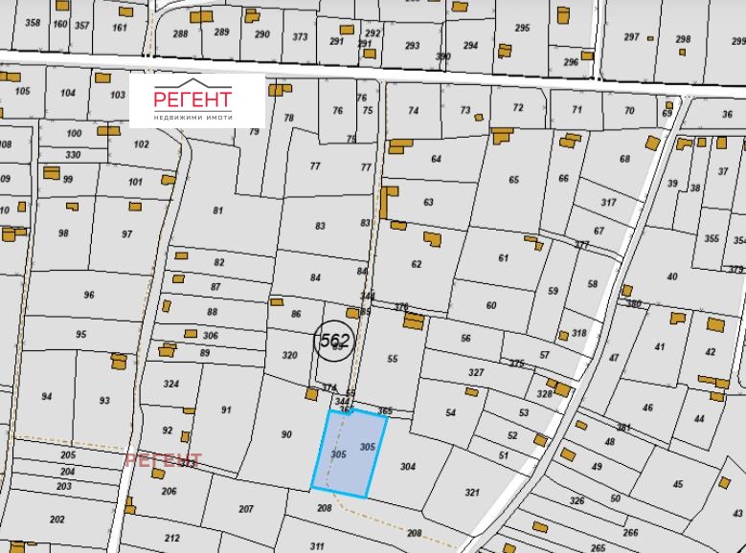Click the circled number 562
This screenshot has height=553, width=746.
tap(334, 339)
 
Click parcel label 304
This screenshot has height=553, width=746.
tap(407, 467)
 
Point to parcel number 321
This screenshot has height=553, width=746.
tap(471, 493)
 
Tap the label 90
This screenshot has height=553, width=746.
tap(285, 435)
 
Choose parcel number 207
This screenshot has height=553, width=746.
tap(246, 508)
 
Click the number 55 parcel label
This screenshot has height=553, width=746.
tap(392, 359)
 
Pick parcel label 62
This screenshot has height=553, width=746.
tap(417, 264)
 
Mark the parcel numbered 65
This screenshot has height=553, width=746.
tap(514, 180)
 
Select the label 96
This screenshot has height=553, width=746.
tap(89, 296)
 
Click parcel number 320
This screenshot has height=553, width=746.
tap(290, 355)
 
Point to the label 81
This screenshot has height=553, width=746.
tap(217, 210)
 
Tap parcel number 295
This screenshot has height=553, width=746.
tap(522, 28)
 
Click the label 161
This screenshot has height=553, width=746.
tap(120, 27)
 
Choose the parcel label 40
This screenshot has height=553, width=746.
tap(671, 276)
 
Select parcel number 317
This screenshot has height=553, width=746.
tap(608, 202)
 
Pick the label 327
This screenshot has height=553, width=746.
tap(476, 372)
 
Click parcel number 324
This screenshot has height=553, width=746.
tap(170, 385)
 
